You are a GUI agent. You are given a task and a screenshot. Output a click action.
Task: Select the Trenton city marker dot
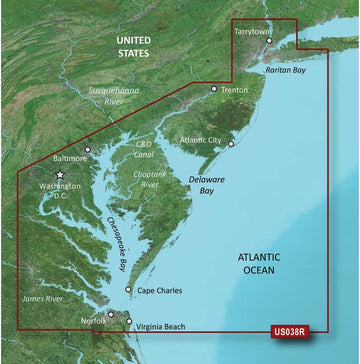213,89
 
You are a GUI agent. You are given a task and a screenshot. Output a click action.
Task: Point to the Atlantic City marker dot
231,145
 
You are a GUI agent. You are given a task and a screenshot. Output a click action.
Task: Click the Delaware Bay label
209,183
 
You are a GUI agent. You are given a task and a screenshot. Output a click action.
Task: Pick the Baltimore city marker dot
89,151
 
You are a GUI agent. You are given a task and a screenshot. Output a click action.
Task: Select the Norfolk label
92,321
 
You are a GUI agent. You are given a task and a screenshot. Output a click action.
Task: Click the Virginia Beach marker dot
129,322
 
